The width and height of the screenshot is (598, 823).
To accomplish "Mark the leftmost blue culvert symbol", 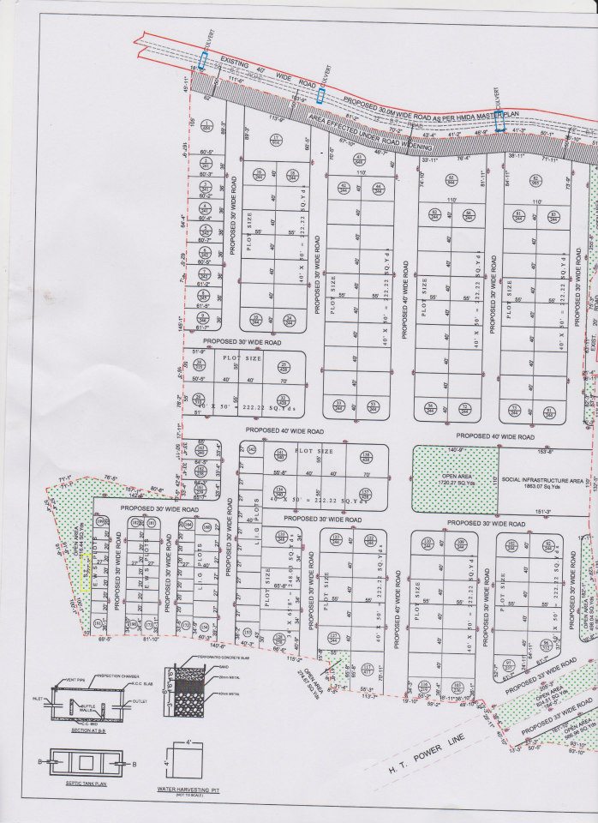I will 203,61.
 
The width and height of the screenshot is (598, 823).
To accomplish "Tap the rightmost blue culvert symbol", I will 499,122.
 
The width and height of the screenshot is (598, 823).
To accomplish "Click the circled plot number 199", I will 101,521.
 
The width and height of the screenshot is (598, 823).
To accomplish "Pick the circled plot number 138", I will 366,457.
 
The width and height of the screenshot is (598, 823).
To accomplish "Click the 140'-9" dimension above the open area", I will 455,449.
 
